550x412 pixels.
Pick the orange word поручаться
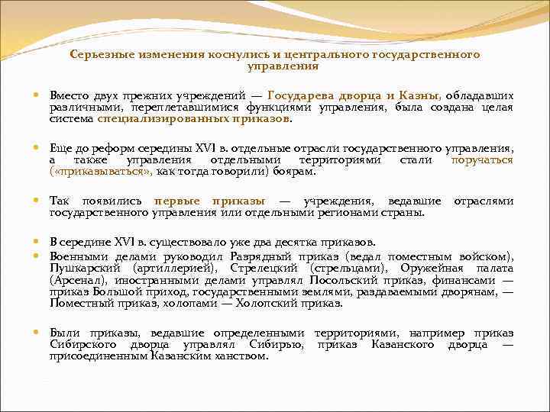[482, 159]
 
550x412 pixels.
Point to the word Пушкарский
[79, 269]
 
